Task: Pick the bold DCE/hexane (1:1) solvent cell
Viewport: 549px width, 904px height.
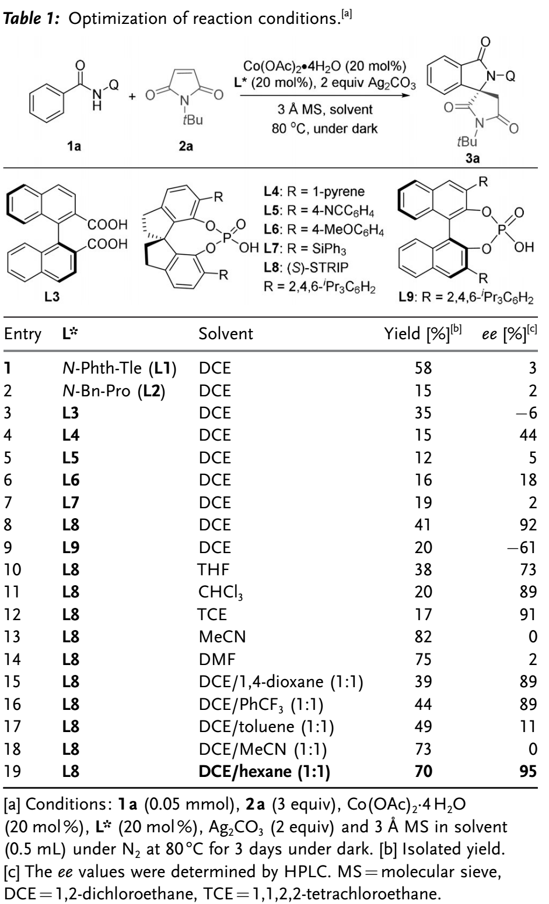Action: click(264, 773)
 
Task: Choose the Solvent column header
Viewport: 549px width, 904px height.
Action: click(226, 334)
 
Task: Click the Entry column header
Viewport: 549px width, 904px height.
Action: click(23, 334)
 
